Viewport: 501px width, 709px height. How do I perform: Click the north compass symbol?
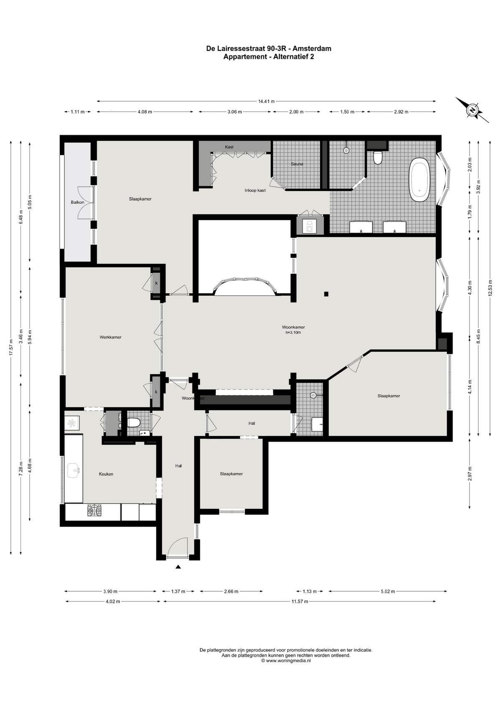click(472, 110)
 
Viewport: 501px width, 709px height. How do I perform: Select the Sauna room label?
click(297, 164)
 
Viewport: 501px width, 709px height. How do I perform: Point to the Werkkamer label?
click(110, 338)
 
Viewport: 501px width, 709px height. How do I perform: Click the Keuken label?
click(106, 474)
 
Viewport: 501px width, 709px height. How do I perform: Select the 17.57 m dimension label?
click(11, 347)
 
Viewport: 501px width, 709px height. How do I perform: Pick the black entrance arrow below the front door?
click(178, 567)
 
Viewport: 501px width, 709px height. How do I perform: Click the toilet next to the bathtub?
click(378, 158)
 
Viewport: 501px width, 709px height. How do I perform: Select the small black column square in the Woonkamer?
click(326, 294)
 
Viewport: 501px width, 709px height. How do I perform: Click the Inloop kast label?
click(255, 191)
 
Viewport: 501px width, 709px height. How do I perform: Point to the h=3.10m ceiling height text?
click(293, 332)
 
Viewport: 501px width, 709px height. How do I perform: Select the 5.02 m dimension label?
click(388, 591)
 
